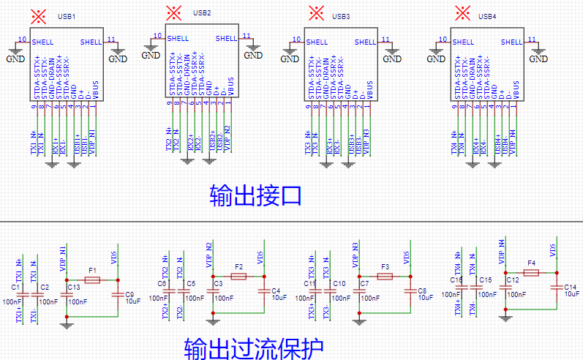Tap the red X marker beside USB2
(x=173, y=12)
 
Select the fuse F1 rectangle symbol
(x=92, y=280)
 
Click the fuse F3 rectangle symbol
(x=385, y=277)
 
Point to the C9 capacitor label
(x=129, y=294)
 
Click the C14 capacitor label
(x=570, y=287)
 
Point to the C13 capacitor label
(x=74, y=288)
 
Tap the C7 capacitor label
(x=364, y=283)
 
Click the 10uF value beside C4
(x=279, y=298)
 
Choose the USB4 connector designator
(x=487, y=16)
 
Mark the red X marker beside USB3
(x=316, y=12)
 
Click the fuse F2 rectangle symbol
(x=238, y=277)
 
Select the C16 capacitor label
(x=456, y=280)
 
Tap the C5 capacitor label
(x=191, y=283)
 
